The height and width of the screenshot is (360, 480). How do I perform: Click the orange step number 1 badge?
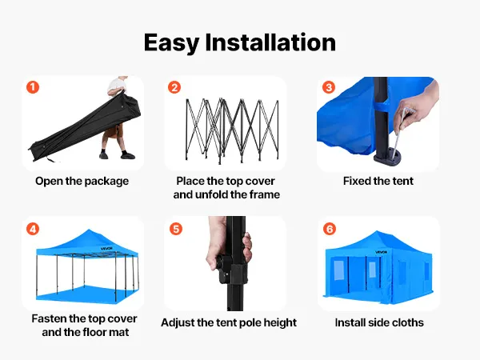[x=33, y=87]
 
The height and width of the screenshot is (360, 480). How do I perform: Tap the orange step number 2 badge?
[x=174, y=87]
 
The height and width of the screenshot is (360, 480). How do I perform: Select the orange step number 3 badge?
[x=329, y=87]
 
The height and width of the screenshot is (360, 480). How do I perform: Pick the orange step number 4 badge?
[x=33, y=229]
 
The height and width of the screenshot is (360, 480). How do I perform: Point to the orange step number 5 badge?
[x=176, y=229]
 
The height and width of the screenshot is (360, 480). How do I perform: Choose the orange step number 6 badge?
[x=330, y=229]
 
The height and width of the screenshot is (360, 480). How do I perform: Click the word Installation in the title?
[x=270, y=42]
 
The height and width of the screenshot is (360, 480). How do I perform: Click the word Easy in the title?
[x=171, y=43]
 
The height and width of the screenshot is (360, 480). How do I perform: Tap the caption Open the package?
[x=82, y=182]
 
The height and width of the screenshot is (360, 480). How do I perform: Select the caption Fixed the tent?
[x=378, y=181]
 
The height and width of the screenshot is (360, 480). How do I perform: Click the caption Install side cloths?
[x=379, y=322]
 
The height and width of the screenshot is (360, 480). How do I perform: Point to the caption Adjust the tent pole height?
[x=229, y=322]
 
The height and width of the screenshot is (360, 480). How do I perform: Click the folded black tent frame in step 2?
[x=232, y=130]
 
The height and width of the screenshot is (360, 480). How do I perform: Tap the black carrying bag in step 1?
[x=85, y=126]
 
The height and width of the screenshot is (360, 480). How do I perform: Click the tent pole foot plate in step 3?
[x=387, y=157]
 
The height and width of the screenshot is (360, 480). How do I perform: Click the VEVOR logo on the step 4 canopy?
[x=106, y=249]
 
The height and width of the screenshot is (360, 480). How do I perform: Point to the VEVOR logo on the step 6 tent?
[x=382, y=252]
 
